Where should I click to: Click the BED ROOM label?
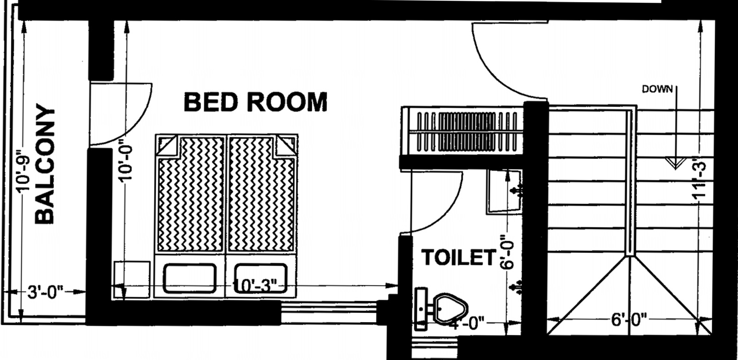pyautogui.click(x=255, y=102)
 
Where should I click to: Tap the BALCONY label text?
pyautogui.click(x=45, y=165)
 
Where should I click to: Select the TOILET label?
pyautogui.click(x=458, y=258)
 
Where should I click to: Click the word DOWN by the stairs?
pyautogui.click(x=657, y=89)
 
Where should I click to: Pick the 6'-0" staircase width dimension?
pyautogui.click(x=629, y=319)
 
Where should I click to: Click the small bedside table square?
pyautogui.click(x=132, y=279)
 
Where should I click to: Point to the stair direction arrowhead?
pyautogui.click(x=675, y=162)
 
